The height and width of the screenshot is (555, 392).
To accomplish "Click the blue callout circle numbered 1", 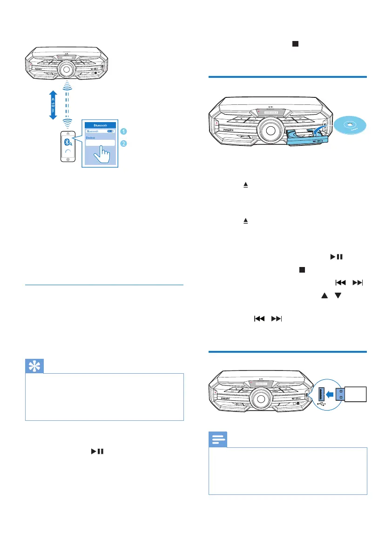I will point(123,132).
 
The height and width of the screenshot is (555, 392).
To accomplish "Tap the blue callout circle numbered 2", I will point(123,144).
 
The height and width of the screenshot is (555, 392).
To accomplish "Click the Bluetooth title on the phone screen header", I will point(101,125).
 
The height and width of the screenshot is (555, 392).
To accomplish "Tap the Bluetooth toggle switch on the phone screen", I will point(110,132).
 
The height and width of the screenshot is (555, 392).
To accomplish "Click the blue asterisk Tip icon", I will point(34,367).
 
